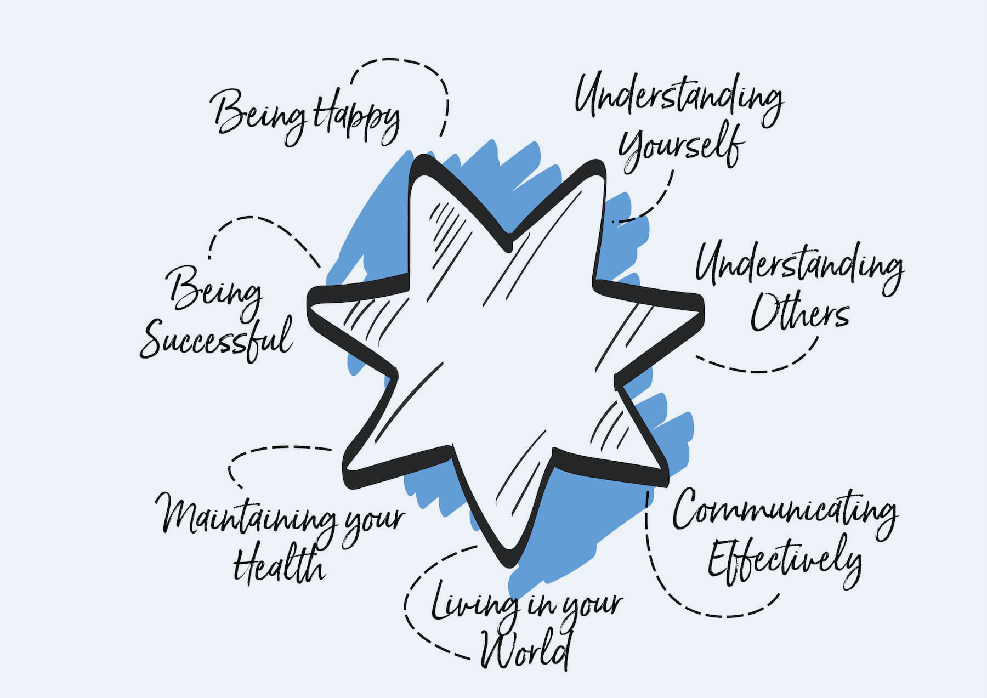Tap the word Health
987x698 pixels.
click(x=280, y=565)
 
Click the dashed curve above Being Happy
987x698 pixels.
click(x=400, y=63)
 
